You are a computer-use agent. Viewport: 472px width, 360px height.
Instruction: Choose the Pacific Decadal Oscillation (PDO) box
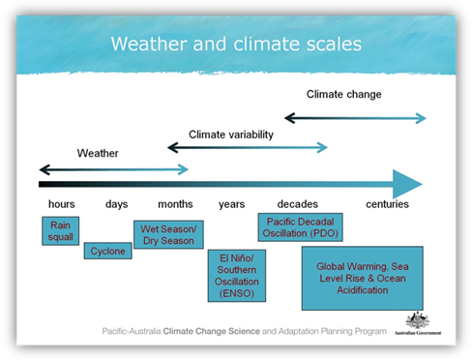[x=300, y=226]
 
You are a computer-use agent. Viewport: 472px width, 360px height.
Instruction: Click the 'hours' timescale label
[x=61, y=204]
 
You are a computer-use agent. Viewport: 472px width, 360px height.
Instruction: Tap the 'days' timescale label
[x=117, y=204]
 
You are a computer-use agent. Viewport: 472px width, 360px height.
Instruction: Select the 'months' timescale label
[x=175, y=204]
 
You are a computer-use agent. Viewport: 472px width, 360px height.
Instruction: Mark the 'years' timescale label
[x=231, y=204]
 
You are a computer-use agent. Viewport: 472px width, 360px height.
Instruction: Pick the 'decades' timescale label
[x=297, y=204]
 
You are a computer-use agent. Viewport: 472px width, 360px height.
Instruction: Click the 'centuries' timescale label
[x=387, y=204]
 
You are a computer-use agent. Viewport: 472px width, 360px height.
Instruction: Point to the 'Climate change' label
[x=343, y=95]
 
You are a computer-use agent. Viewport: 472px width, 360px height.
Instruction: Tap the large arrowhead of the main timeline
[x=406, y=183]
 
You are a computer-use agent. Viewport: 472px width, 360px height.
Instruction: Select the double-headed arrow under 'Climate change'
[x=354, y=118]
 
